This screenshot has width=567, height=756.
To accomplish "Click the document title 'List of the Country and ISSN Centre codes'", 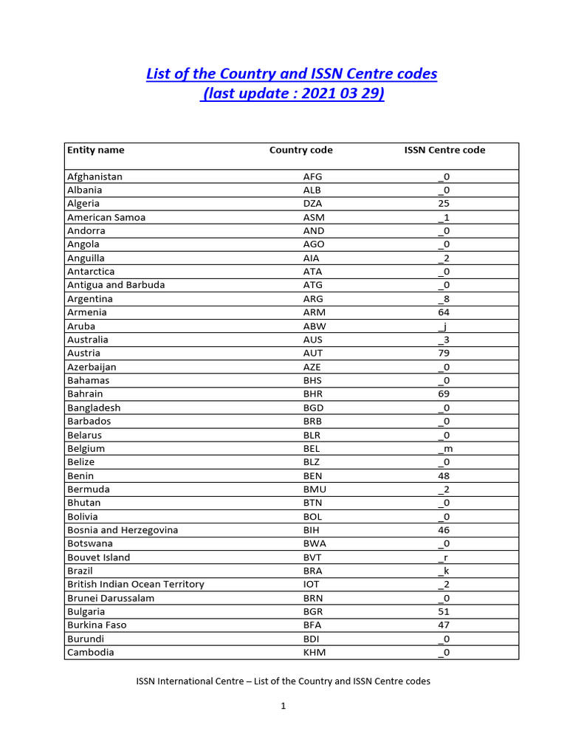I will pyautogui.click(x=292, y=74).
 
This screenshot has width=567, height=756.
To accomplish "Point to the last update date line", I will pyautogui.click(x=292, y=95).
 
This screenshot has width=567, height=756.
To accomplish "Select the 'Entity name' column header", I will pyautogui.click(x=96, y=150).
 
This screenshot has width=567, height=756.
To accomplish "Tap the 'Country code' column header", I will pyautogui.click(x=300, y=150).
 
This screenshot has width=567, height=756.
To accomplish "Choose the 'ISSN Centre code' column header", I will pyautogui.click(x=444, y=150).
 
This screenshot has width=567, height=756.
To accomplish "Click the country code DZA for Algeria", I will pyautogui.click(x=313, y=204).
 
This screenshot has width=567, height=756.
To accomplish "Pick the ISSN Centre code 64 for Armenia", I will pyautogui.click(x=444, y=312).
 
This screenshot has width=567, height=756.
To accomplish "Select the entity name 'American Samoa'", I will pyautogui.click(x=106, y=217).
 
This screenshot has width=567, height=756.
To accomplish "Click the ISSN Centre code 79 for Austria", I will pyautogui.click(x=444, y=353).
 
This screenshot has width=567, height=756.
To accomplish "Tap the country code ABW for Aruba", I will pyautogui.click(x=313, y=326).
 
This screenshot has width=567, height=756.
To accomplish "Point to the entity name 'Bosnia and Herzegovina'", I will pyautogui.click(x=123, y=530).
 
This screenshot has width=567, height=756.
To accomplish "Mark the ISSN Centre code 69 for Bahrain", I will pyautogui.click(x=444, y=394).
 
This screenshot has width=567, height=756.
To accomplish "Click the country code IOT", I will pyautogui.click(x=313, y=584).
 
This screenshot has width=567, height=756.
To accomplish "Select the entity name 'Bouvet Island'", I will pyautogui.click(x=98, y=557).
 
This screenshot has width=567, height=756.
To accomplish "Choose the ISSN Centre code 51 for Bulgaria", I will pyautogui.click(x=444, y=611).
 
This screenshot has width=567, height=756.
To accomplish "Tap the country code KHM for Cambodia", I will pyautogui.click(x=313, y=653).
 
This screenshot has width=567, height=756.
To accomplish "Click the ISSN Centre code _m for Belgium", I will pyautogui.click(x=444, y=449).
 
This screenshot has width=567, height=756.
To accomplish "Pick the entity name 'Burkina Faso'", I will pyautogui.click(x=97, y=625).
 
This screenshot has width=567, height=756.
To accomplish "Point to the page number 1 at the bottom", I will pyautogui.click(x=283, y=706).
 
